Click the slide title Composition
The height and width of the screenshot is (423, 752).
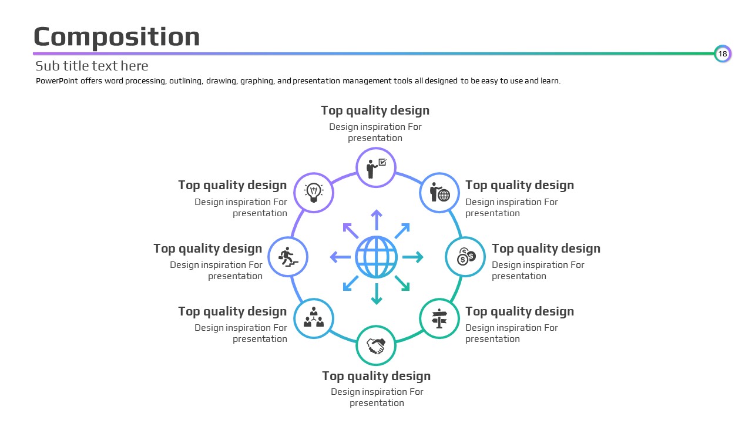pyautogui.click(x=117, y=37)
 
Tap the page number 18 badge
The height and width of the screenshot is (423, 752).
pyautogui.click(x=723, y=53)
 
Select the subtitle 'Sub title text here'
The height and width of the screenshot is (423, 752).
pyautogui.click(x=92, y=66)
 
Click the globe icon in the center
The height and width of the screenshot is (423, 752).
pyautogui.click(x=377, y=257)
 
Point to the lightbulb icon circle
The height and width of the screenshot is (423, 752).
pyautogui.click(x=314, y=193)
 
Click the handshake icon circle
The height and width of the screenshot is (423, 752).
pyautogui.click(x=376, y=345)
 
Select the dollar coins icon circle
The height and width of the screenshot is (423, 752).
pyautogui.click(x=465, y=257)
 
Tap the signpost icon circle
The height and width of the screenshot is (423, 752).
pyautogui.click(x=439, y=318)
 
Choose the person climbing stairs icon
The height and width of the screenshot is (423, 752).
pyautogui.click(x=288, y=257)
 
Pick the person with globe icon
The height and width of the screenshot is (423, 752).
pyautogui.click(x=440, y=192)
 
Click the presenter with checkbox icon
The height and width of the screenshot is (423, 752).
pyautogui.click(x=377, y=168)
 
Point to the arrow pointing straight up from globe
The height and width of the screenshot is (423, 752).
pyautogui.click(x=377, y=220)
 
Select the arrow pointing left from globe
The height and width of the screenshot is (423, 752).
pyautogui.click(x=340, y=257)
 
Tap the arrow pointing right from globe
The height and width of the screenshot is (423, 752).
pyautogui.click(x=413, y=257)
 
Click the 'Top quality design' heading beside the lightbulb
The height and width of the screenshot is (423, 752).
pyautogui.click(x=232, y=185)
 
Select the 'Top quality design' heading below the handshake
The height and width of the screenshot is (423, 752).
pyautogui.click(x=377, y=377)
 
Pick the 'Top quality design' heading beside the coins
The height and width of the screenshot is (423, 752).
pyautogui.click(x=546, y=249)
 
